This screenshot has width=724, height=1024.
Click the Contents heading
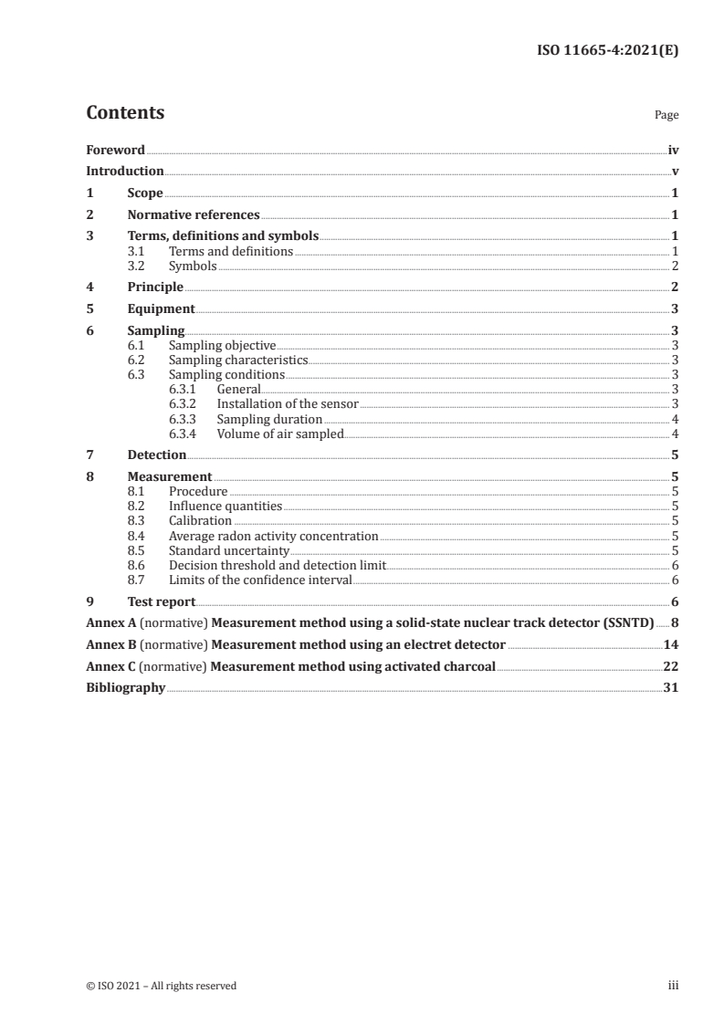click(125, 113)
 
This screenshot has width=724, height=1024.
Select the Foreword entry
click(115, 150)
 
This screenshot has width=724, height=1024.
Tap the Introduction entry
click(125, 171)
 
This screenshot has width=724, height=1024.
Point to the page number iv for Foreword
click(673, 150)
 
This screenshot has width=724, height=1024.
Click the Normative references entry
click(194, 215)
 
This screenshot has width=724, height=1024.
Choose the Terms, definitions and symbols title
click(223, 236)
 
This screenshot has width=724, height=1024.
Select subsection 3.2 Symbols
click(193, 266)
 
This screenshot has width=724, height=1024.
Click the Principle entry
click(155, 287)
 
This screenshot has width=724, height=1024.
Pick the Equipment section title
click(161, 308)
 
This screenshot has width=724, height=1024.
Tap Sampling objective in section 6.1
click(222, 345)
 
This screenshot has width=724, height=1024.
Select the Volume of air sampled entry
click(279, 434)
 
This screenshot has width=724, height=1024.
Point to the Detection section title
click(157, 455)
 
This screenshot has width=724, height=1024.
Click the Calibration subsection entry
click(200, 520)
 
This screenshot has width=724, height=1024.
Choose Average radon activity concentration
click(273, 536)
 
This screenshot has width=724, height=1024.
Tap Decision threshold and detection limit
click(278, 565)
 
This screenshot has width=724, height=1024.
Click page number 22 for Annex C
click(670, 667)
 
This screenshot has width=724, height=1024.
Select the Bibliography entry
click(125, 688)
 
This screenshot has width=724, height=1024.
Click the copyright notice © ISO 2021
click(162, 986)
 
